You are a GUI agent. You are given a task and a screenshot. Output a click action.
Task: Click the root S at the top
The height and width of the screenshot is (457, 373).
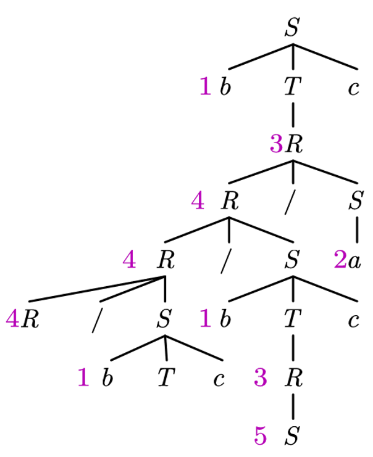(293, 27)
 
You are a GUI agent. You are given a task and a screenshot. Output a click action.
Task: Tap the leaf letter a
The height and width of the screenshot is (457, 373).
(354, 261)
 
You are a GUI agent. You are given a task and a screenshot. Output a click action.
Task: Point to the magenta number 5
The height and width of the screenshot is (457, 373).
(261, 435)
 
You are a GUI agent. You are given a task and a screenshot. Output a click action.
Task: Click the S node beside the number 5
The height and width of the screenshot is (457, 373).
(293, 435)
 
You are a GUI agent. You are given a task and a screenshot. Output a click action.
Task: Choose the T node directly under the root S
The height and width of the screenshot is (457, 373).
(293, 86)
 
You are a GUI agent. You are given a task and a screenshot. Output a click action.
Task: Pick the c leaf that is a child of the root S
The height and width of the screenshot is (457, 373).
(353, 88)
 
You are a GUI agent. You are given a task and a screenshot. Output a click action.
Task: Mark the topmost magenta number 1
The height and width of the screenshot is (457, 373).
(206, 86)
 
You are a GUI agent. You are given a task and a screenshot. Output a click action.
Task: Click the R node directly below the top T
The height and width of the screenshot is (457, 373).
(294, 144)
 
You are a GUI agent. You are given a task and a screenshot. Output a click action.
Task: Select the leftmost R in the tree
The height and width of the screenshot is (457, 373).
(30, 318)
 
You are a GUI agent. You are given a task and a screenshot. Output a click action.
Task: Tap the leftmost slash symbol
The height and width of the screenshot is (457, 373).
(98, 320)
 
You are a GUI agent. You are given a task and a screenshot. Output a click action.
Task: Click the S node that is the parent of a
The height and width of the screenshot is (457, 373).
(356, 200)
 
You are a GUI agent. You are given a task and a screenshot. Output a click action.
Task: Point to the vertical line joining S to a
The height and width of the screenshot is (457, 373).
(356, 229)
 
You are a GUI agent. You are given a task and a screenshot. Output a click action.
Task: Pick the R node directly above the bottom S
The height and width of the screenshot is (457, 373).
(293, 377)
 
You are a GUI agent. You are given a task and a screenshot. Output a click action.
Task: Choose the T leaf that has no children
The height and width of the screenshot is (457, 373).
(166, 377)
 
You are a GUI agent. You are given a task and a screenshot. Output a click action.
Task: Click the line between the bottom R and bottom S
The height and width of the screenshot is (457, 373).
(293, 406)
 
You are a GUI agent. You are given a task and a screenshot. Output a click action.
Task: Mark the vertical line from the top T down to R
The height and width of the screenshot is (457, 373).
(293, 115)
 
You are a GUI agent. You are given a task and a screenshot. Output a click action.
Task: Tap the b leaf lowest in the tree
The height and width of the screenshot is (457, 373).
(107, 377)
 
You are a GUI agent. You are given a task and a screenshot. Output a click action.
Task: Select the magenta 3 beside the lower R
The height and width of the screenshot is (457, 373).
(261, 377)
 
